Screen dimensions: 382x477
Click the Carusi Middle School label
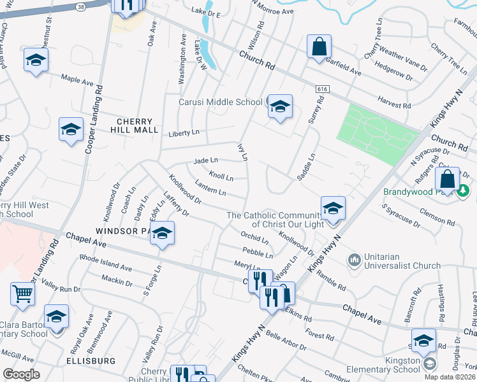220,102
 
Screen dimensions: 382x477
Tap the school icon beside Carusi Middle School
279,106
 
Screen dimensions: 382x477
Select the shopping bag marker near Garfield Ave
319,46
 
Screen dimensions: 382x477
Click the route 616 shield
318,90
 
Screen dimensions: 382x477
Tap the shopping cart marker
22,294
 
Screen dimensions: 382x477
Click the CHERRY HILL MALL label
135,125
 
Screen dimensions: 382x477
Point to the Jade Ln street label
206,160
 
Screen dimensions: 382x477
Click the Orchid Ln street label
254,238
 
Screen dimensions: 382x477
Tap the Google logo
21,374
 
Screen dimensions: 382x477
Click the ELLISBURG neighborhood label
90,361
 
